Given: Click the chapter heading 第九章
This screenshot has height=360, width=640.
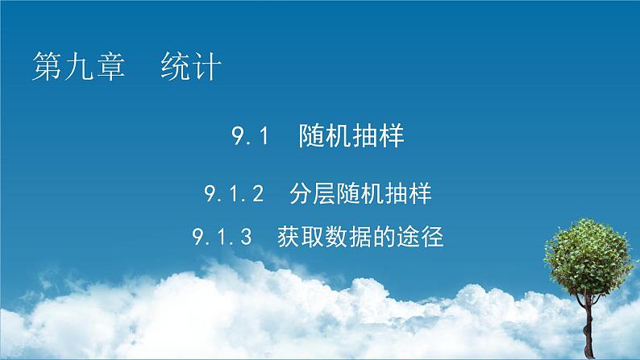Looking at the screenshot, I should pyautogui.click(x=78, y=67).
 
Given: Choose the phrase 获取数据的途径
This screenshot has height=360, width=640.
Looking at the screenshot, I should pyautogui.click(x=360, y=238).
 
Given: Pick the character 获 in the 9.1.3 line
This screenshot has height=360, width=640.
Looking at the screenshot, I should pyautogui.click(x=289, y=238).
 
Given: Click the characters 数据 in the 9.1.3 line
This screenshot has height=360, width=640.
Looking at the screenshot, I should pyautogui.click(x=360, y=238).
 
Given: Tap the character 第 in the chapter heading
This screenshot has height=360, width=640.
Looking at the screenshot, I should pyautogui.click(x=47, y=67).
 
